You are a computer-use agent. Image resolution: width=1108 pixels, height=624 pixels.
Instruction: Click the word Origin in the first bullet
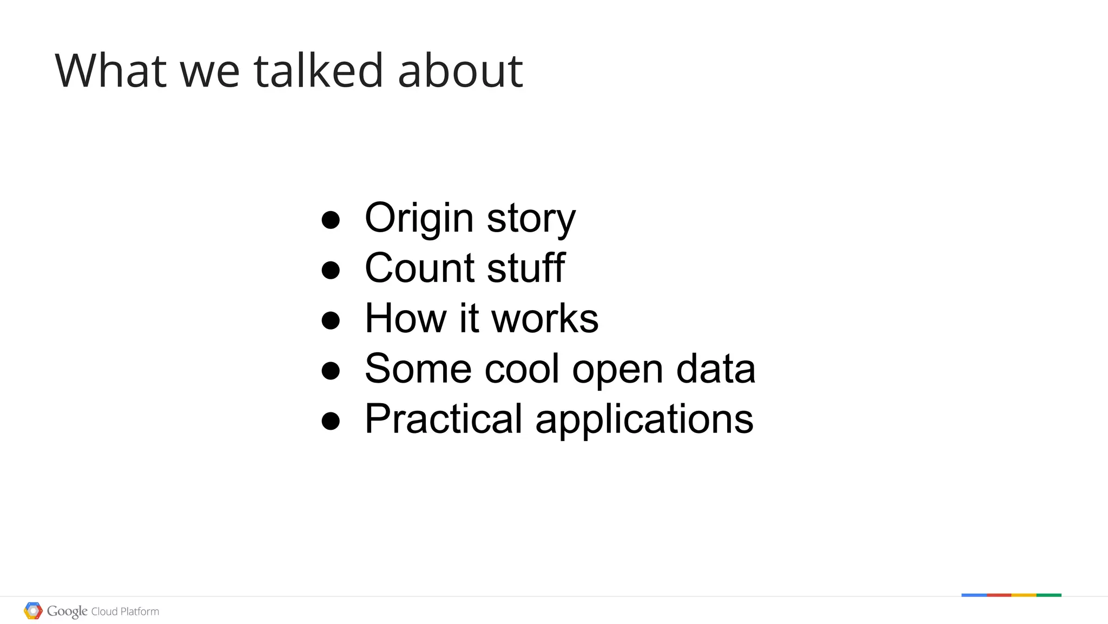coord(419,218)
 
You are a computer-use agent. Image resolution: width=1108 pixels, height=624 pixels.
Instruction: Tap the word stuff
coord(526,268)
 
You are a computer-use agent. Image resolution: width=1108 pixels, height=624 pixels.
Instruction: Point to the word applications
coord(644,420)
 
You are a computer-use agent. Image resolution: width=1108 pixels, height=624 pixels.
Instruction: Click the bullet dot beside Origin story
coord(331,220)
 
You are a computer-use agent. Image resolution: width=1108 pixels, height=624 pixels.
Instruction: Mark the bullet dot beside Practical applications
coord(331,421)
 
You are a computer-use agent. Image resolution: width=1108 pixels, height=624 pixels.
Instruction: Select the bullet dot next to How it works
coord(331,320)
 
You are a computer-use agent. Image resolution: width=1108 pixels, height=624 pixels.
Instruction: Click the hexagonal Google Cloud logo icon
coord(33,611)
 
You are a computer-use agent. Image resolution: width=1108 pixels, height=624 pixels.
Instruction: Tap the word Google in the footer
coord(67,611)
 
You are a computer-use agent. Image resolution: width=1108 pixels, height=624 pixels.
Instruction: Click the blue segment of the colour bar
coord(974,595)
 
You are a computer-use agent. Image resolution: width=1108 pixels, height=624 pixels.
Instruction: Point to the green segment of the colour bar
coord(1049,595)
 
